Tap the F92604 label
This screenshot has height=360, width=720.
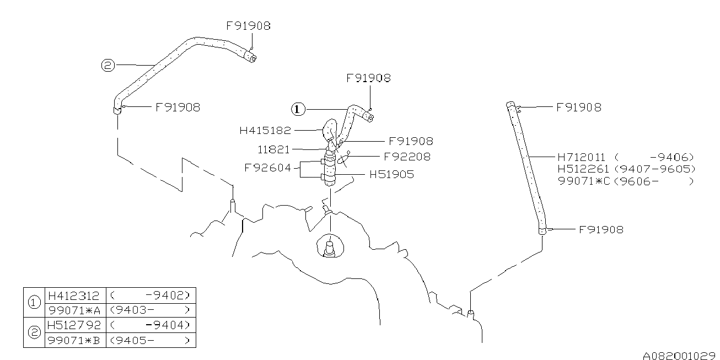tap(267, 168)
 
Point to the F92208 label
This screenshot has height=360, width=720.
tap(407, 157)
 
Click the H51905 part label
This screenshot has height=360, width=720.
tap(391, 175)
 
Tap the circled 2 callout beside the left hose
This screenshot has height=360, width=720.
tap(108, 66)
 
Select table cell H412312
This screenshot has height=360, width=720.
tap(74, 294)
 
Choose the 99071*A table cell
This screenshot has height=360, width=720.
tap(74, 309)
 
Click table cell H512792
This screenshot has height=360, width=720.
tap(74, 325)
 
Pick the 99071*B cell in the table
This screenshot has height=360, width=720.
tap(74, 340)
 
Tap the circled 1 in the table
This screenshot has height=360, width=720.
tap(34, 302)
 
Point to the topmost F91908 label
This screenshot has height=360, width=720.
tap(249, 25)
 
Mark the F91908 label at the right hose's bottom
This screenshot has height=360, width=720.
tap(601, 229)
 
